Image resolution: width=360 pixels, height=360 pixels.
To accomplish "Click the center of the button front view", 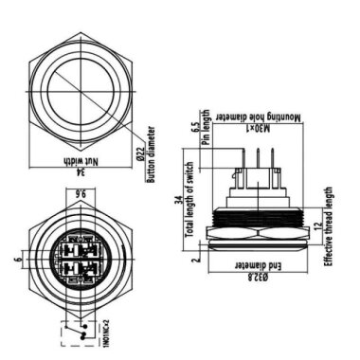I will click(x=80, y=80).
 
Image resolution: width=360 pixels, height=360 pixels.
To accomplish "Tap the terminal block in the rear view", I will click(x=80, y=257).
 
